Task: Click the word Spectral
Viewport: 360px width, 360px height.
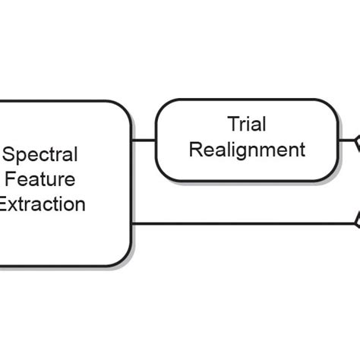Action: pyautogui.click(x=41, y=155)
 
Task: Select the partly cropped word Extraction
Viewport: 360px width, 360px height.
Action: pyautogui.click(x=43, y=204)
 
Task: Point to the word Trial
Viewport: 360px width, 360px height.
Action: pyautogui.click(x=246, y=124)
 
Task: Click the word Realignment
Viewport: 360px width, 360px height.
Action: pyautogui.click(x=247, y=149)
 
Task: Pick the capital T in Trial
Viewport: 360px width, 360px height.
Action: pyautogui.click(x=232, y=124)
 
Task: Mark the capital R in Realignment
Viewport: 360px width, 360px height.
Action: pyautogui.click(x=195, y=149)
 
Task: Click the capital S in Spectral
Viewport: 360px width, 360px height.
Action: pyautogui.click(x=10, y=155)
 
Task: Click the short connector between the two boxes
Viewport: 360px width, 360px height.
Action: pyautogui.click(x=144, y=141)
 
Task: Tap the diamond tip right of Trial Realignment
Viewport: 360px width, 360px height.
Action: pyautogui.click(x=355, y=141)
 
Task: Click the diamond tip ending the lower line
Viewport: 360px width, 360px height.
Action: pyautogui.click(x=355, y=223)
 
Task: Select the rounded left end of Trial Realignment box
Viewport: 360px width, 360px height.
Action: pyautogui.click(x=159, y=141)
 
